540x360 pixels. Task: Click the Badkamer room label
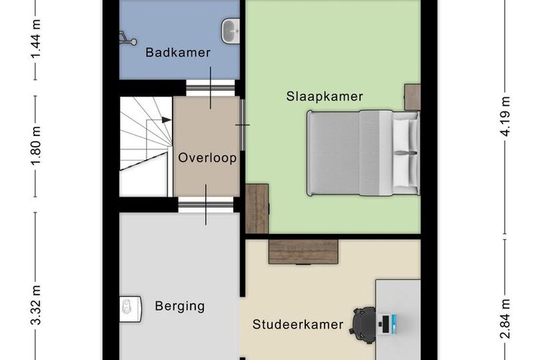pyautogui.click(x=178, y=53)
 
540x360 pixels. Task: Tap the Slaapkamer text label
pyautogui.click(x=325, y=96)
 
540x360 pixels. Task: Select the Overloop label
pyautogui.click(x=207, y=158)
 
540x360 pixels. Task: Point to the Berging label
pyautogui.click(x=180, y=306)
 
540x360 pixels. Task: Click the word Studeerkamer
pyautogui.click(x=298, y=325)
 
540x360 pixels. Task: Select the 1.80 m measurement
pyautogui.click(x=36, y=146)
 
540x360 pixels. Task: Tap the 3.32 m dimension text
pyautogui.click(x=36, y=305)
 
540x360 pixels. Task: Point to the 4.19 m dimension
pyautogui.click(x=505, y=116)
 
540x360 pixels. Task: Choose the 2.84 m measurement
pyautogui.click(x=505, y=320)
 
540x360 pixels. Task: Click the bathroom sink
pyautogui.click(x=230, y=32)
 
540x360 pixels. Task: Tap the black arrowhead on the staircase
pyautogui.click(x=166, y=120)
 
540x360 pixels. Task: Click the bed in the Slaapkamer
pyautogui.click(x=364, y=153)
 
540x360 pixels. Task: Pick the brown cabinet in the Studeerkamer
pyautogui.click(x=303, y=252)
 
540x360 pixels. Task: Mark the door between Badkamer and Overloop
pyautogui.click(x=210, y=88)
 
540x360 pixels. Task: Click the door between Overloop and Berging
pyautogui.click(x=206, y=204)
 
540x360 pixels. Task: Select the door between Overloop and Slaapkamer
pyautogui.click(x=243, y=125)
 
